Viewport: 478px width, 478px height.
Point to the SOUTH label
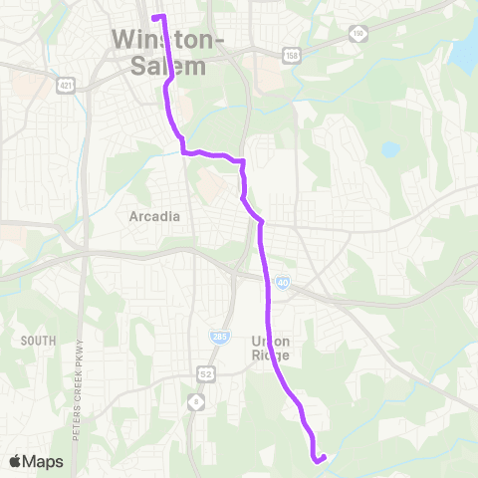[37, 341]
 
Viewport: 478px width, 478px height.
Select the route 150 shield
[358, 35]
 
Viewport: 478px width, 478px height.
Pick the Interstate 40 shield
[284, 284]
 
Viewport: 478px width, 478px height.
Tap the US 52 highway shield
[207, 373]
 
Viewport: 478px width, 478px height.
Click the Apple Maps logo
[36, 461]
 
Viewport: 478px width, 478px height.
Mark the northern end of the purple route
[153, 17]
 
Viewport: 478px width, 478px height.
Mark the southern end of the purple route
[317, 460]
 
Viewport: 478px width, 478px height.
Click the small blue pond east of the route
[390, 150]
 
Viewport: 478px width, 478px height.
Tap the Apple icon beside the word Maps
[15, 461]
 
